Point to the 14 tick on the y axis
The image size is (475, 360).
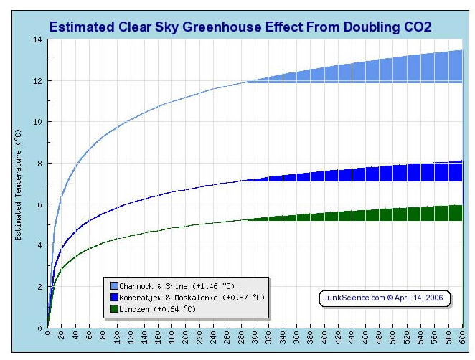pos(37,39)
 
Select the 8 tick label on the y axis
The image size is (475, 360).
pos(39,164)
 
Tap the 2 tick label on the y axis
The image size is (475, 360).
pos(39,287)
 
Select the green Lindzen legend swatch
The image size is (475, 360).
pos(114,309)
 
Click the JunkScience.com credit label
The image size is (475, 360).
pos(383,298)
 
